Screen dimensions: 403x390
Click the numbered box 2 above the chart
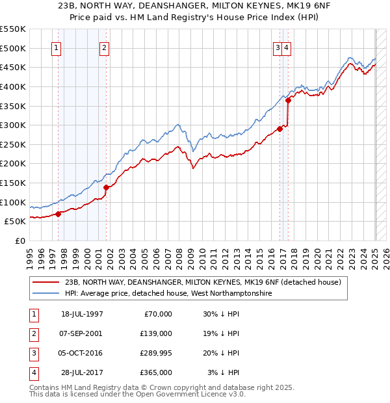click(104, 47)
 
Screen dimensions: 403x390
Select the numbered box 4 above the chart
click(286, 47)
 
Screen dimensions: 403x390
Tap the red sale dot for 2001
click(106, 188)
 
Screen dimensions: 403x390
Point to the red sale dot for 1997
click(58, 213)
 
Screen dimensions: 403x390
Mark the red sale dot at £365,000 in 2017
click(287, 101)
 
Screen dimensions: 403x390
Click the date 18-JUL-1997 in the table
click(82, 314)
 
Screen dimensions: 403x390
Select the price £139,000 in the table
click(155, 333)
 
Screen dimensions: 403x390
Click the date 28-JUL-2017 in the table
click(82, 372)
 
